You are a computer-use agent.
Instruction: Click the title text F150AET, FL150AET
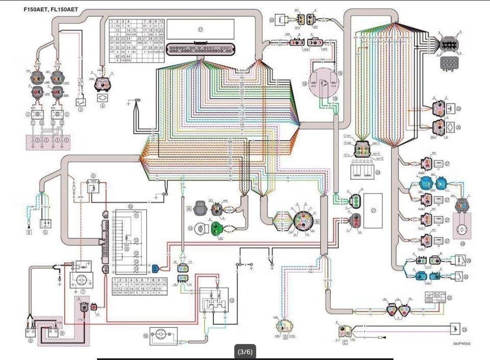click(51, 9)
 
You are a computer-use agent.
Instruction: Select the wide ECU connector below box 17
click(201, 49)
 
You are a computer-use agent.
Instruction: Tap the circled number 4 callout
click(103, 106)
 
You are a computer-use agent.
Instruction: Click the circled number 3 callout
click(80, 109)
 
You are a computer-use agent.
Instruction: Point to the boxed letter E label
click(30, 232)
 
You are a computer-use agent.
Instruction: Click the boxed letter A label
click(189, 208)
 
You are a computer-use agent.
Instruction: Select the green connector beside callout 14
click(218, 228)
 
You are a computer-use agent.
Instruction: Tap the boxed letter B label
click(317, 222)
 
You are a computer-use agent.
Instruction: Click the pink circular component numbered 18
click(324, 81)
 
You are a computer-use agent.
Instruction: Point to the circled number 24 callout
click(378, 172)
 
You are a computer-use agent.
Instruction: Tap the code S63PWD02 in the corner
click(461, 344)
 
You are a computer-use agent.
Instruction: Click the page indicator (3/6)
click(245, 351)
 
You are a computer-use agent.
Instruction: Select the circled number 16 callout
click(145, 336)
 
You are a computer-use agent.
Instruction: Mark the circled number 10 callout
click(130, 207)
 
